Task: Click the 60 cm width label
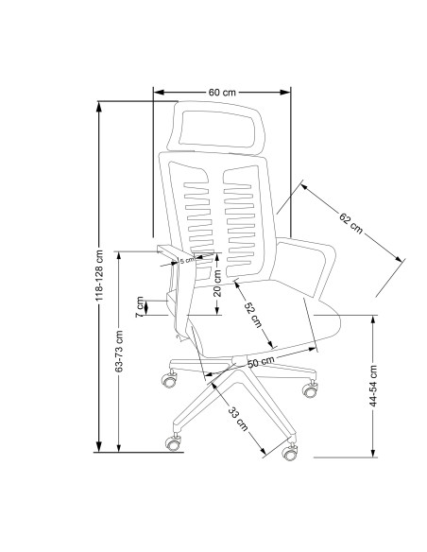pyautogui.click(x=222, y=93)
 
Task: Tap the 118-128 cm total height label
pyautogui.click(x=99, y=275)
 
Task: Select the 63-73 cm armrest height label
pyautogui.click(x=119, y=351)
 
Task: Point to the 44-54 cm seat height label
pyautogui.click(x=373, y=387)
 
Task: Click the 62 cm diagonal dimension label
pyautogui.click(x=350, y=223)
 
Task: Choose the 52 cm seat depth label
pyautogui.click(x=253, y=315)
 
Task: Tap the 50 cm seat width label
pyautogui.click(x=261, y=362)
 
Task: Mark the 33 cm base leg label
pyautogui.click(x=238, y=418)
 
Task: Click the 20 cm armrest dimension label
pyautogui.click(x=217, y=283)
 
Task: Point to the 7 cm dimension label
pyautogui.click(x=140, y=306)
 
